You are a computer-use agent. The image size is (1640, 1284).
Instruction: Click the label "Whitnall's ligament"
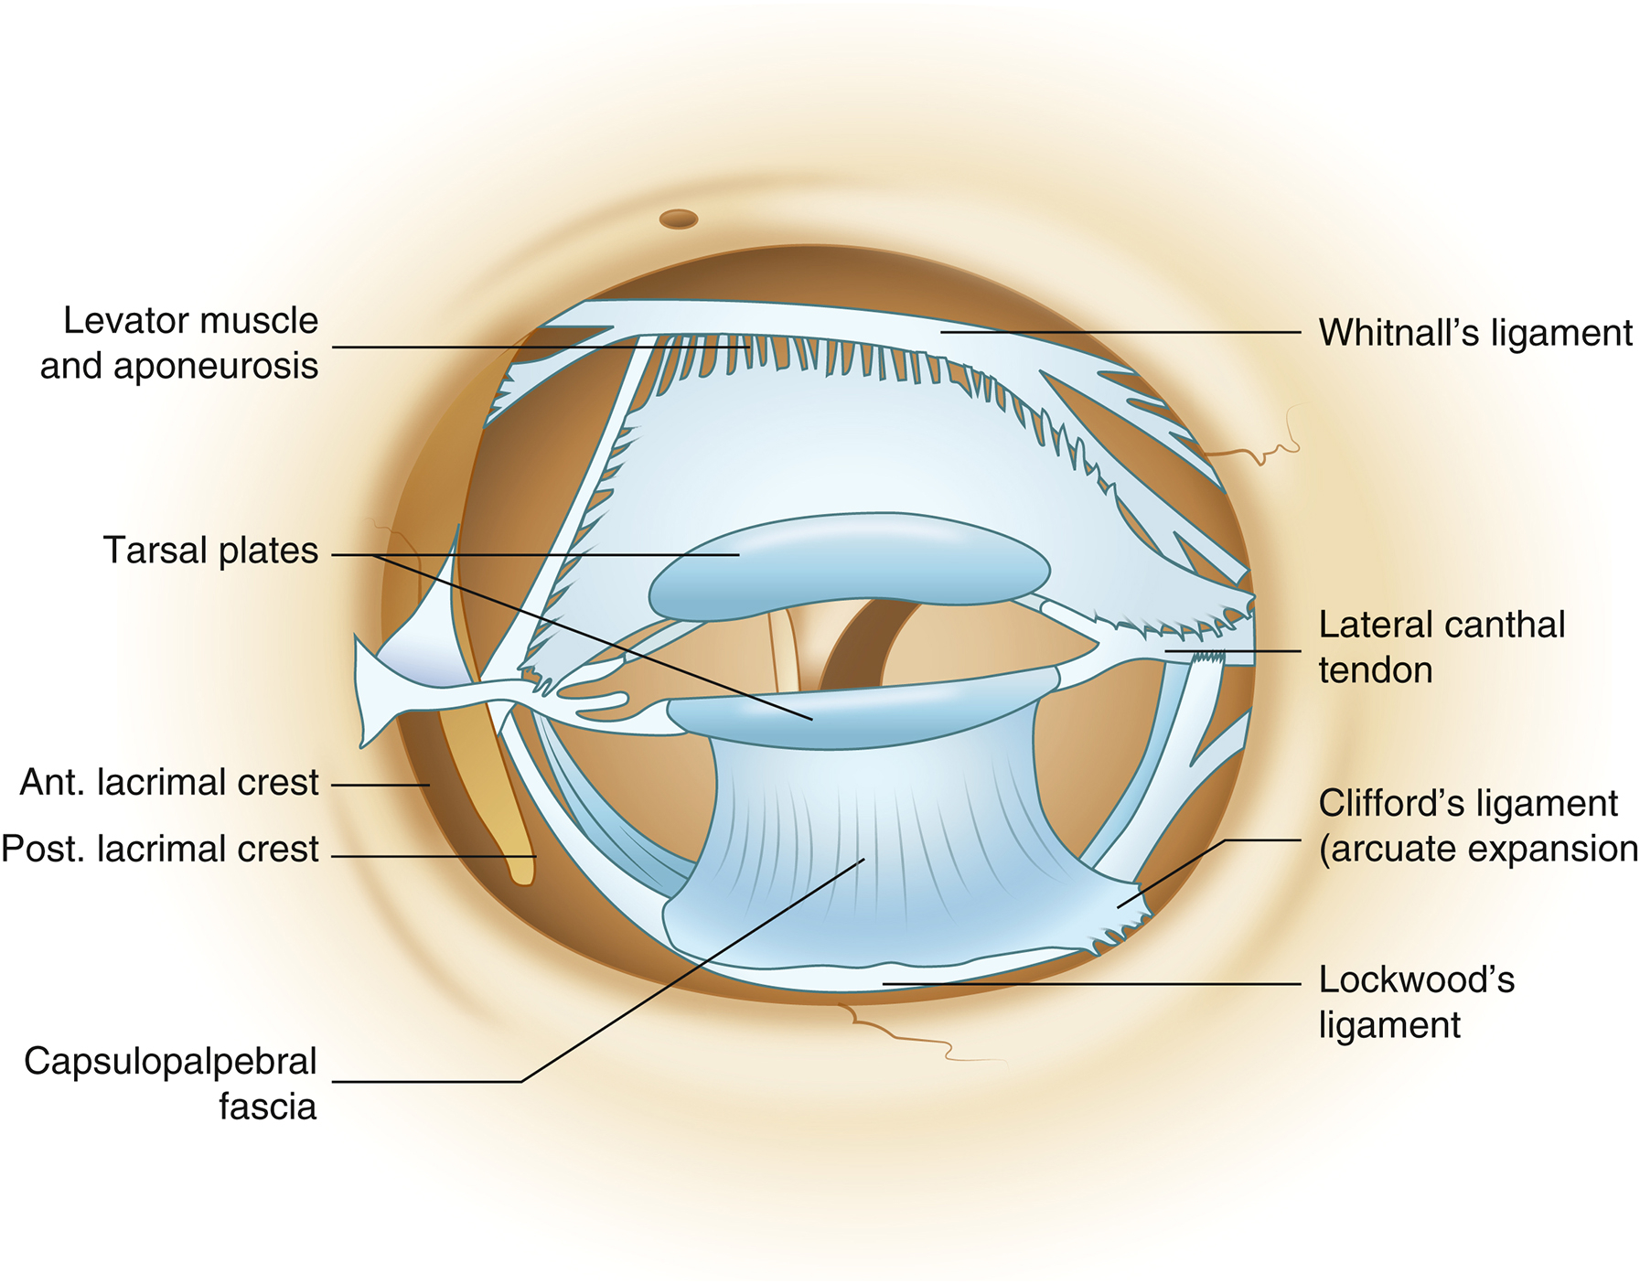pos(1474,334)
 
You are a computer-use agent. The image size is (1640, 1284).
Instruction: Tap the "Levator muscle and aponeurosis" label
pos(180,343)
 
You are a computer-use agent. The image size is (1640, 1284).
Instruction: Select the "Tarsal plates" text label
pos(210,551)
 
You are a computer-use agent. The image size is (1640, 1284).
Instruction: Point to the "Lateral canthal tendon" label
pos(1441,647)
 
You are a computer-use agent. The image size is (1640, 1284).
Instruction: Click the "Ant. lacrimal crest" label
pos(169,783)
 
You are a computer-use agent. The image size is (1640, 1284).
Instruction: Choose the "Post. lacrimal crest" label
pos(160,849)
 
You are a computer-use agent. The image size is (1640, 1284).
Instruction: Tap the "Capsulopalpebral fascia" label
pos(171,1083)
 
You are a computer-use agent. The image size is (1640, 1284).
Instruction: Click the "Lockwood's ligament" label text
pos(1416,1001)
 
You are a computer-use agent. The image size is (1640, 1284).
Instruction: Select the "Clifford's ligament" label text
pos(1468,804)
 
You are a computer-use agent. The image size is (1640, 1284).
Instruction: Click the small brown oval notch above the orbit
pos(679,219)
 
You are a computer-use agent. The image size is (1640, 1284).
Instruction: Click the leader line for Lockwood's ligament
pos(1098,985)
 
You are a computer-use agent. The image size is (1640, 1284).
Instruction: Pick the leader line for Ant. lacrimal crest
pos(380,785)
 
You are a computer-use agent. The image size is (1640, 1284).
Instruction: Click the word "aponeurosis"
pos(180,366)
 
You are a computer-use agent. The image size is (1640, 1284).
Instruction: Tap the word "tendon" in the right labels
pos(1375,670)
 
